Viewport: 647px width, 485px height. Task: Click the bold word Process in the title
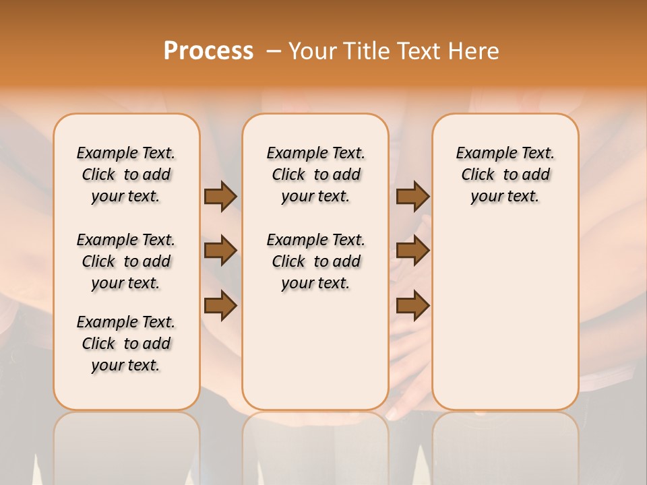click(208, 51)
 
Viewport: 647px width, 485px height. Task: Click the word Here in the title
click(474, 51)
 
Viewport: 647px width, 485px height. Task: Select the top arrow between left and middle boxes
click(220, 196)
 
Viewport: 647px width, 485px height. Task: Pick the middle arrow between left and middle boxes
click(220, 251)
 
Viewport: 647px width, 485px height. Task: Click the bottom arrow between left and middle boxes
click(220, 306)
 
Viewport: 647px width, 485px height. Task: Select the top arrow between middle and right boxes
click(412, 196)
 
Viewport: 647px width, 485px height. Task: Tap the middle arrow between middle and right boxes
click(412, 251)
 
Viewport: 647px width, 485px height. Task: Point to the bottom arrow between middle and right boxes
click(412, 306)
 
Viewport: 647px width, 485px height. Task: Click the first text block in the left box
click(126, 174)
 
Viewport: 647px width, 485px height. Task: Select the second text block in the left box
click(126, 261)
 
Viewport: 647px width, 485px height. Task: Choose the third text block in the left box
click(126, 344)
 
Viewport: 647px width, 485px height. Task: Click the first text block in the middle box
click(315, 174)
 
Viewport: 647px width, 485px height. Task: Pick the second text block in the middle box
click(315, 261)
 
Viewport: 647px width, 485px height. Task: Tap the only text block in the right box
click(505, 174)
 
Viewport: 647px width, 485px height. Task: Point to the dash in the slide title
click(273, 51)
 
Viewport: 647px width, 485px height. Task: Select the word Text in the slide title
click(419, 51)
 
